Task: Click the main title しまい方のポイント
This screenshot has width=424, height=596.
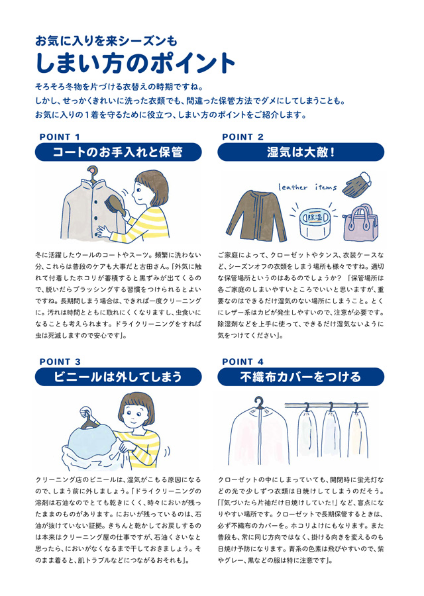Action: [135, 63]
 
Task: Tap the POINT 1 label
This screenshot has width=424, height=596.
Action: [60, 137]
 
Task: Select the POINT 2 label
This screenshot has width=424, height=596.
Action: [242, 137]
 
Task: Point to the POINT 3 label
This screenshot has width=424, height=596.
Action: [60, 362]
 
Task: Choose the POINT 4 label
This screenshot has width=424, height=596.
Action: [242, 362]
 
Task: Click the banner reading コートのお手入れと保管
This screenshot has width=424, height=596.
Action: [119, 152]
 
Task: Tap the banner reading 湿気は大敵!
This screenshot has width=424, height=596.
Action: [301, 152]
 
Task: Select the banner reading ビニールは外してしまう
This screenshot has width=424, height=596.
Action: [119, 377]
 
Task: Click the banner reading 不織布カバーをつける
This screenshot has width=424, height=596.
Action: [301, 377]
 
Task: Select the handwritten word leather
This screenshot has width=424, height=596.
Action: [292, 187]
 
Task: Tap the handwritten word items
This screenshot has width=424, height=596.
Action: [326, 187]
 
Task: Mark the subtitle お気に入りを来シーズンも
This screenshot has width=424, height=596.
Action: [106, 40]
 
